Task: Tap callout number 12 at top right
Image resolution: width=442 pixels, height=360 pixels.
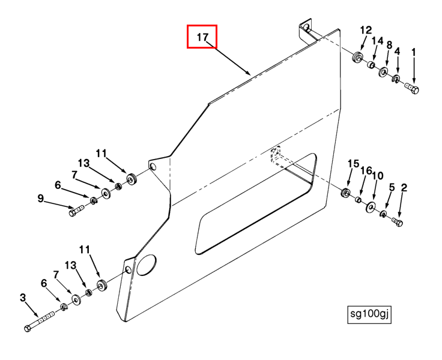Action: click(x=366, y=31)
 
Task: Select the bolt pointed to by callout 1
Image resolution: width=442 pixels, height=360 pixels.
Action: click(x=411, y=88)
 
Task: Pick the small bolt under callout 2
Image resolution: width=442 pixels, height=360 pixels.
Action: click(x=397, y=223)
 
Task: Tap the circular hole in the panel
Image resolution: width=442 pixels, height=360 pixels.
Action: click(x=147, y=264)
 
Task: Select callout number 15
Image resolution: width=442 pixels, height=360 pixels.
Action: click(x=353, y=164)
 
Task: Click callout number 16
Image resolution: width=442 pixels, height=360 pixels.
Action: click(x=366, y=171)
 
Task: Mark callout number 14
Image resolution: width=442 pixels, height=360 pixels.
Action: click(x=377, y=40)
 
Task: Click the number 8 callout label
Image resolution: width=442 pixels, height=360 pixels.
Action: click(x=389, y=45)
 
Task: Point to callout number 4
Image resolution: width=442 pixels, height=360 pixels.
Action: click(x=397, y=52)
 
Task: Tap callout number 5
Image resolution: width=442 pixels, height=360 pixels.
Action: click(x=392, y=187)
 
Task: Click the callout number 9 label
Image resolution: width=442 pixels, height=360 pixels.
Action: click(x=41, y=198)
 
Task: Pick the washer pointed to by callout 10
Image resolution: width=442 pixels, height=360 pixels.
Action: click(x=371, y=207)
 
